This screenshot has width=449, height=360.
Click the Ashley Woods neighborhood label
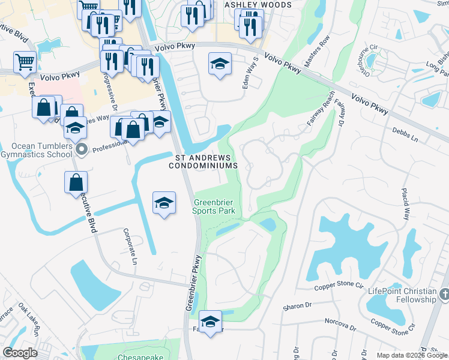tap(258, 5)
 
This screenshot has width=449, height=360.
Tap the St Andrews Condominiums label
tap(206, 161)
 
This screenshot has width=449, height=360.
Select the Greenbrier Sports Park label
tap(214, 206)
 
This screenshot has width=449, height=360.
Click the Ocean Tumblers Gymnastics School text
tap(38, 151)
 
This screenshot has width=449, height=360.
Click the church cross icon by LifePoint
tap(444, 294)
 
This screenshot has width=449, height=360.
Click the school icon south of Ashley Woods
tap(220, 64)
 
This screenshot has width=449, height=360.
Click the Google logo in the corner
tap(20, 352)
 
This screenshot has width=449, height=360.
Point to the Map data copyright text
tap(411, 355)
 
